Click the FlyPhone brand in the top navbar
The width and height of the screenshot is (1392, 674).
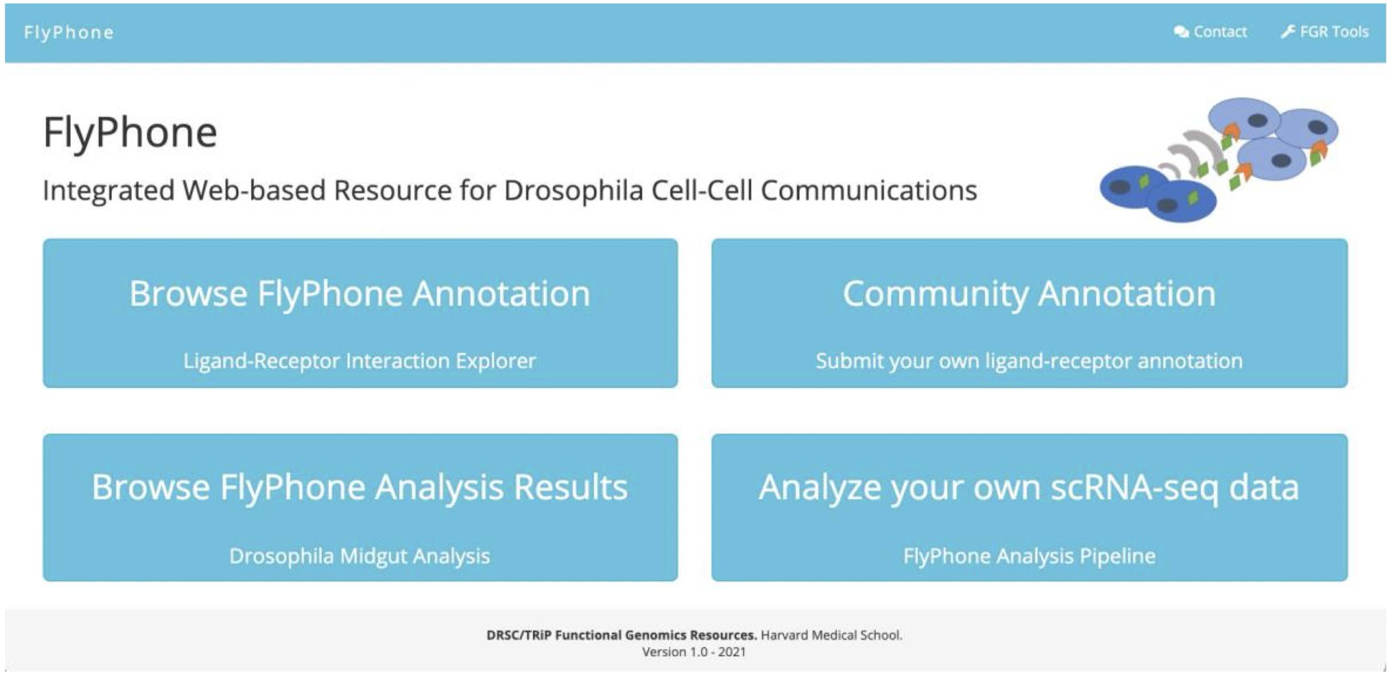click(x=69, y=33)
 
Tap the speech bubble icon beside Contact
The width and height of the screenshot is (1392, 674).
click(x=1181, y=32)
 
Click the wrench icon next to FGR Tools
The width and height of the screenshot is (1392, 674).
click(x=1288, y=31)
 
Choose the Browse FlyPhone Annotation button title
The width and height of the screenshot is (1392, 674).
click(x=359, y=294)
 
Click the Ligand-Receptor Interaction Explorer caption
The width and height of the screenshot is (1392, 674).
click(x=359, y=360)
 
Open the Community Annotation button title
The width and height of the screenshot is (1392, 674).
click(x=1029, y=294)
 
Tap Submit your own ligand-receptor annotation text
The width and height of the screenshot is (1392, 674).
click(x=1029, y=361)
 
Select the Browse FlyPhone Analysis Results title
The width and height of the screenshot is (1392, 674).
click(x=359, y=487)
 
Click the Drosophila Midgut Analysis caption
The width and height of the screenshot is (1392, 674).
click(x=359, y=556)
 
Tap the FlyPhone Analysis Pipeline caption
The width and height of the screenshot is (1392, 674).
click(x=1029, y=556)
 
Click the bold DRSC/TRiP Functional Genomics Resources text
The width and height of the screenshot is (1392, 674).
click(x=622, y=635)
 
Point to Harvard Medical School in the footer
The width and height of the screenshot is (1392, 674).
click(x=832, y=635)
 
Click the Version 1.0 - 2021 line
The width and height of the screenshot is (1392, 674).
click(x=694, y=652)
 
